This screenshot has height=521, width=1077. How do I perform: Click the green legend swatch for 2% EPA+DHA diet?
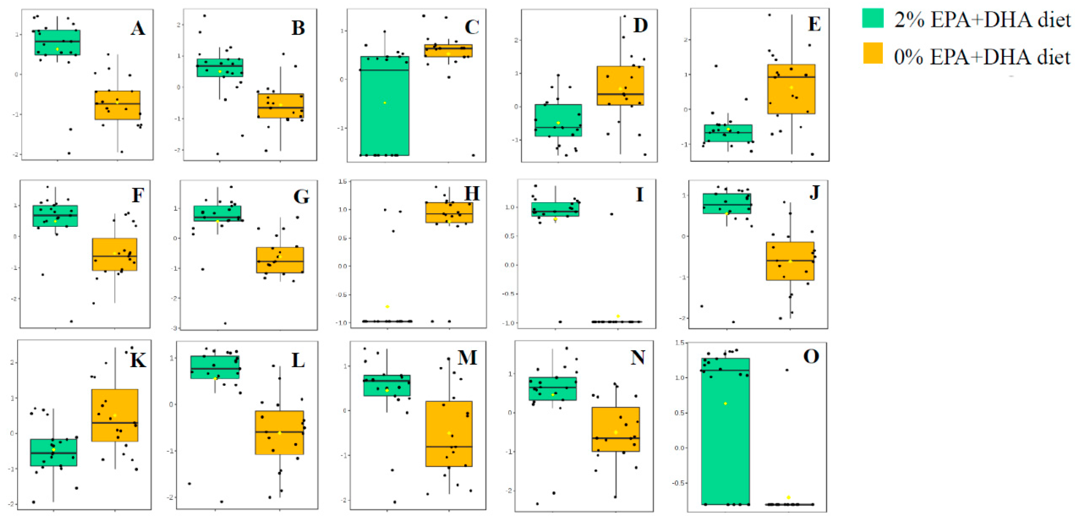point(873,18)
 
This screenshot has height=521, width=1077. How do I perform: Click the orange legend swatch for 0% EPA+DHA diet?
point(873,53)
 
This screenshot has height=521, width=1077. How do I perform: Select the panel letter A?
point(138,29)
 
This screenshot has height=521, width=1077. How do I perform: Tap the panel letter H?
point(471,194)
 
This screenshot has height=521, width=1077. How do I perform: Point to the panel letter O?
point(811,356)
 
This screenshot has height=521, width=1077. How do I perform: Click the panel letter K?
point(138,360)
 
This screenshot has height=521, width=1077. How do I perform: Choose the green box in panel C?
point(385,125)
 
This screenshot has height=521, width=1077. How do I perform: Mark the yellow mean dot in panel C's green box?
point(385,103)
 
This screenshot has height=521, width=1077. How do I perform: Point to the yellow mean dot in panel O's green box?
point(725,403)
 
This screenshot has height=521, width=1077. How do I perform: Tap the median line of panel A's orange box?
point(118,104)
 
